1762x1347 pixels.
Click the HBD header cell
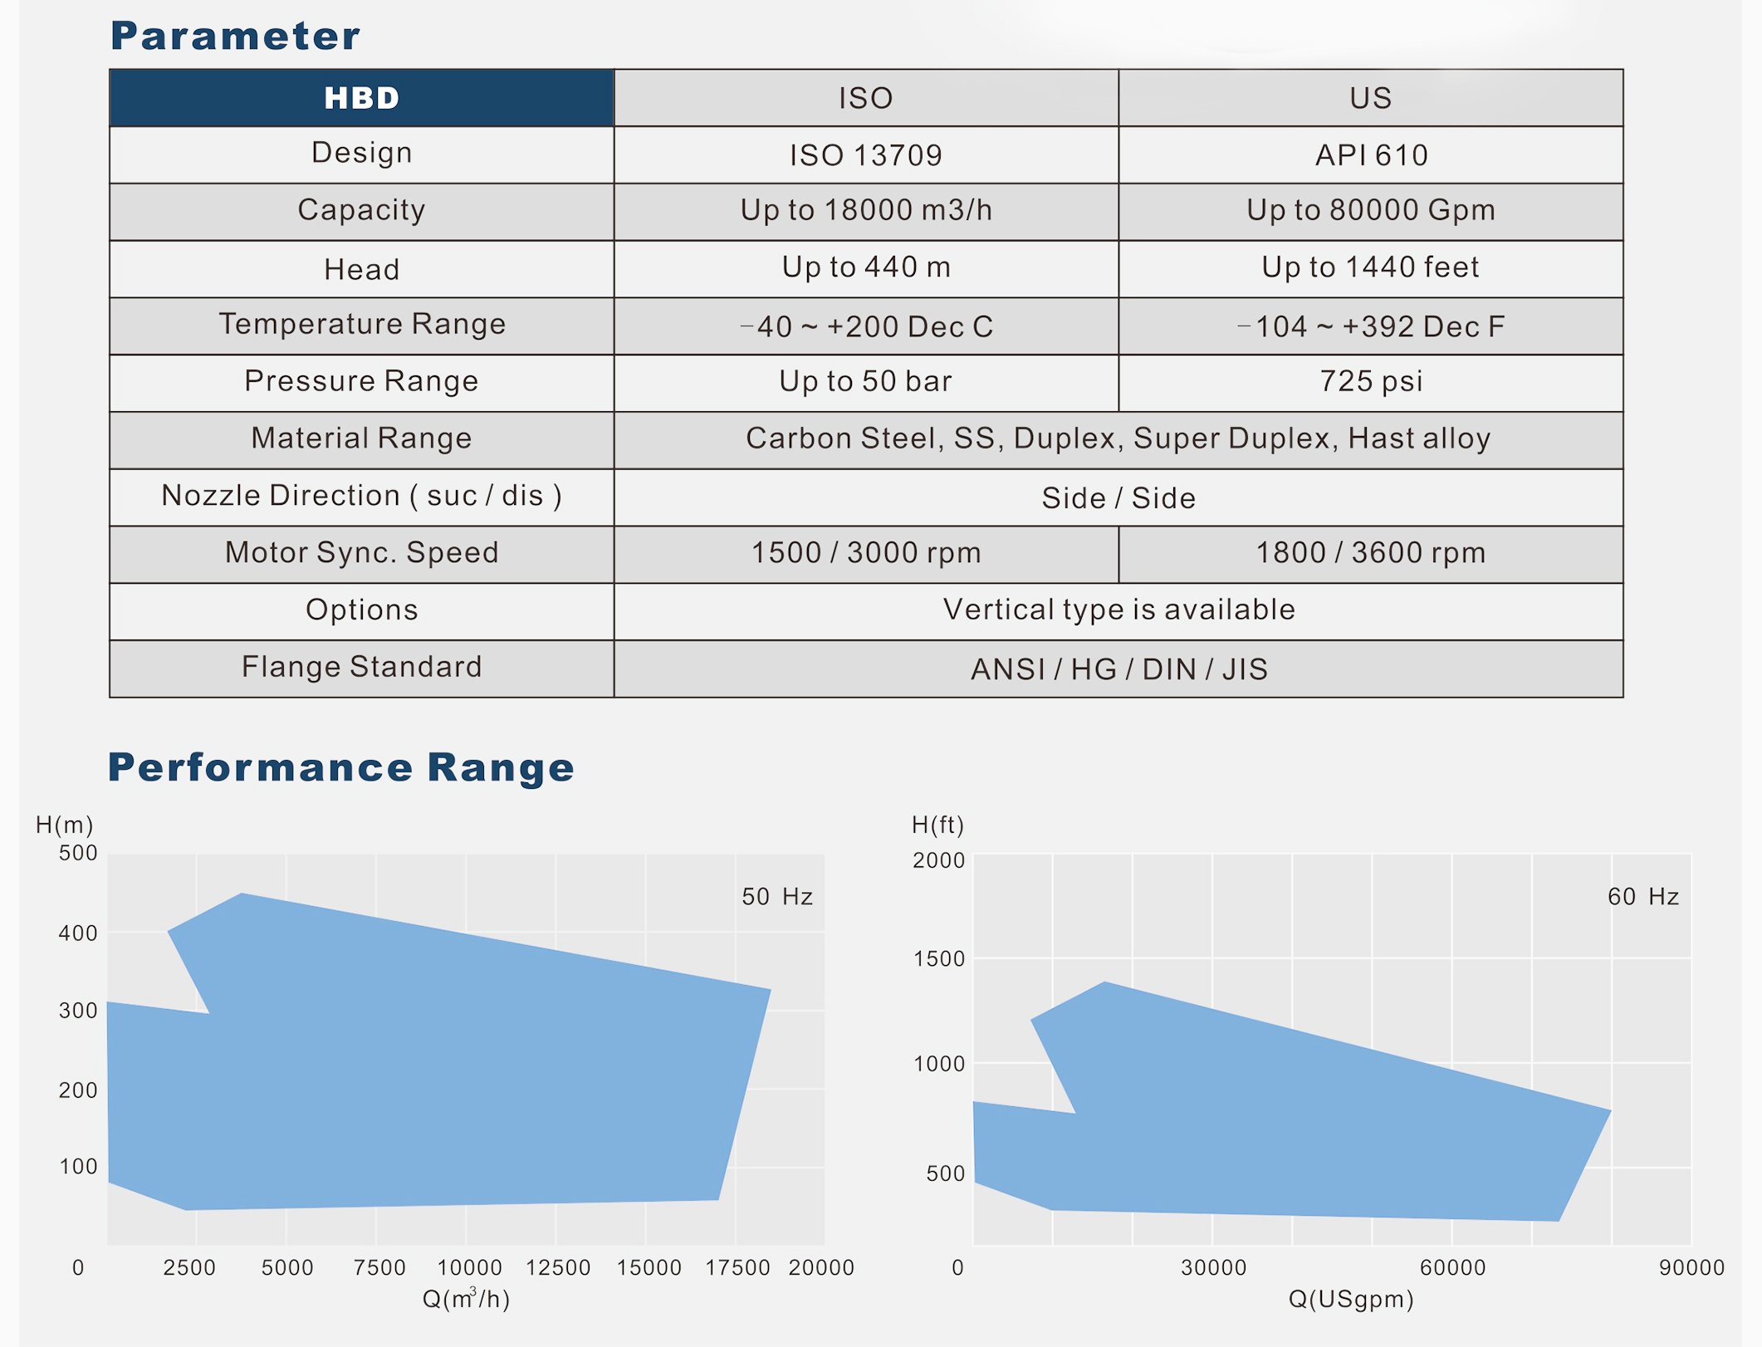click(x=361, y=98)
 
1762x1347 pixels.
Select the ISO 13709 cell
click(x=865, y=155)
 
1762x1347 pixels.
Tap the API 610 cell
click(x=1371, y=155)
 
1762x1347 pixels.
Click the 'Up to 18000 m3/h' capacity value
click(x=865, y=210)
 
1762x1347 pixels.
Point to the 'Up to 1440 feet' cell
click(x=1370, y=267)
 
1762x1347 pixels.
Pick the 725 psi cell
click(x=1371, y=381)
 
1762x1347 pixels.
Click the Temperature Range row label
click(x=362, y=324)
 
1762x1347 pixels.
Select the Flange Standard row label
click(x=362, y=667)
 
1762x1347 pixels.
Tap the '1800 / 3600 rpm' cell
click(x=1370, y=553)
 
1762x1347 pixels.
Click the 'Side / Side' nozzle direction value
click(x=1118, y=498)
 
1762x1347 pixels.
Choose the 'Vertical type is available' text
click(x=1118, y=610)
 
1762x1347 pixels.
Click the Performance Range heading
click(x=341, y=767)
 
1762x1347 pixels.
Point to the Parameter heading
click(x=235, y=36)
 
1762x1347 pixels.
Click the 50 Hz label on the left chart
click(x=777, y=897)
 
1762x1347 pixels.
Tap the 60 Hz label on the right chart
click(x=1643, y=897)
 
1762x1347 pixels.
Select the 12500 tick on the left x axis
click(x=558, y=1268)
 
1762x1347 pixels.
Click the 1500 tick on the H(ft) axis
click(x=939, y=959)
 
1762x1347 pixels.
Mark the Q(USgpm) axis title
click(x=1351, y=1299)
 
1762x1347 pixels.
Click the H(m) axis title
click(x=65, y=825)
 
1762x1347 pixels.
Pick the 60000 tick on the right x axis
click(x=1452, y=1268)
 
